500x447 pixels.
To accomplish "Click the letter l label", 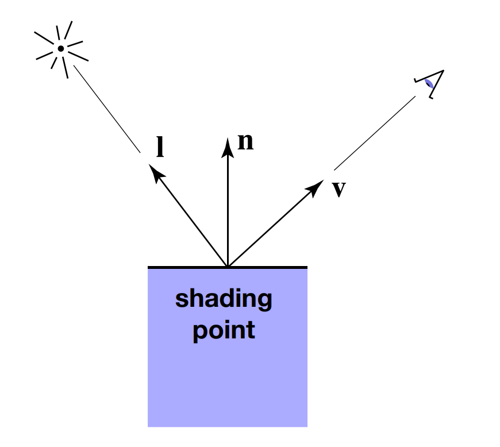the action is coord(161,147).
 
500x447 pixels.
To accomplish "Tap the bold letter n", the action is coord(245,141).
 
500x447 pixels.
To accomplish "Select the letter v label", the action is coord(339,189).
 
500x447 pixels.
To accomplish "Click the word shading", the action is coord(224,299).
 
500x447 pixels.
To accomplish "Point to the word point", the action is coord(224,330).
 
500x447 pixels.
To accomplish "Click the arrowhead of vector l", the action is coord(153,169).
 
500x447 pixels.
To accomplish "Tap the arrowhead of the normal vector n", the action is coord(228,147).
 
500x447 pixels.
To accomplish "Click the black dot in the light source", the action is coord(60,48).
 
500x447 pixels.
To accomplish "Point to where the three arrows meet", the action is coord(228,267).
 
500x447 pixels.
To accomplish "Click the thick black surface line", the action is coord(270,267).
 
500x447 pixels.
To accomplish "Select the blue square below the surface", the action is coord(227,379).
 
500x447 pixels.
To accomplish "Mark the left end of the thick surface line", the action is coord(149,267).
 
